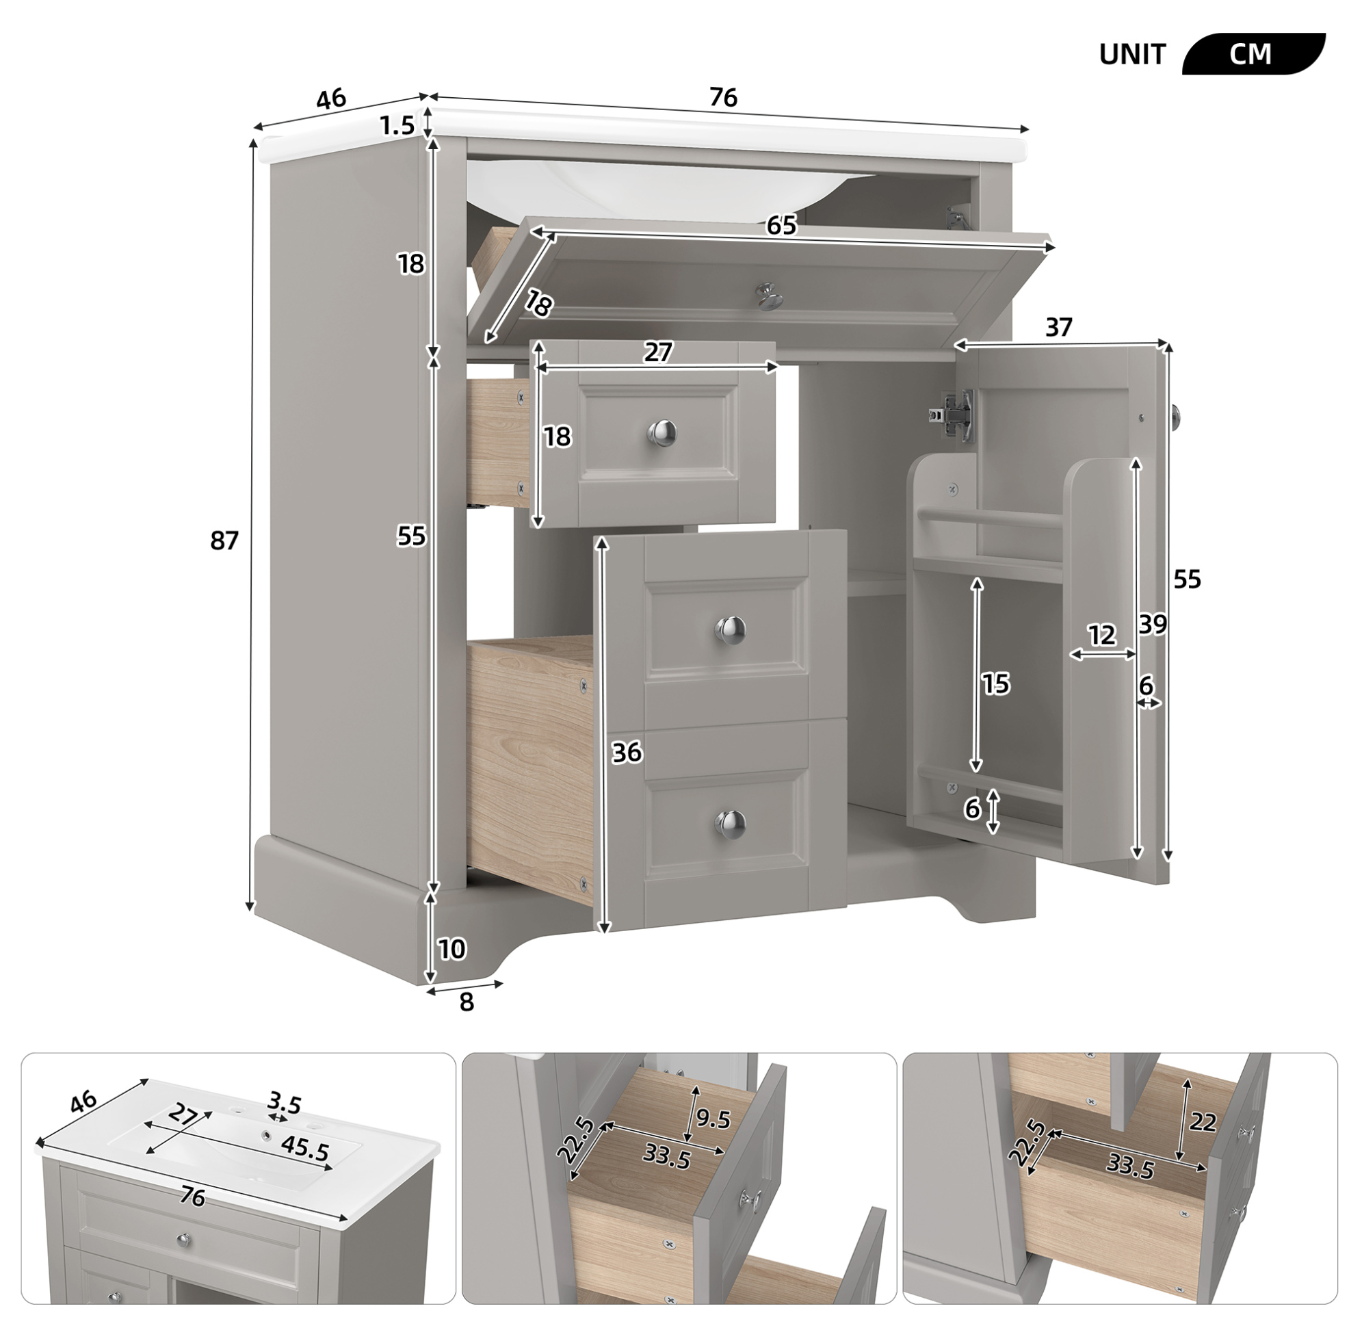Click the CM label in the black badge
tap(1250, 55)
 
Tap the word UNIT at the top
tap(1133, 55)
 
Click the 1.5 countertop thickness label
tap(397, 126)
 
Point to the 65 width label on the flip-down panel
tap(781, 225)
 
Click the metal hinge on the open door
tap(951, 415)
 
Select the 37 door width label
tap(1058, 327)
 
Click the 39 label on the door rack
tap(1152, 625)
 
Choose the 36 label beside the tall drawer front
tap(627, 753)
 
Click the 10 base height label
tap(451, 949)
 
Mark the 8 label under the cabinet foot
tap(467, 1002)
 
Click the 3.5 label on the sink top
tap(284, 1105)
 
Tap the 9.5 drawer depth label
tap(713, 1139)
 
